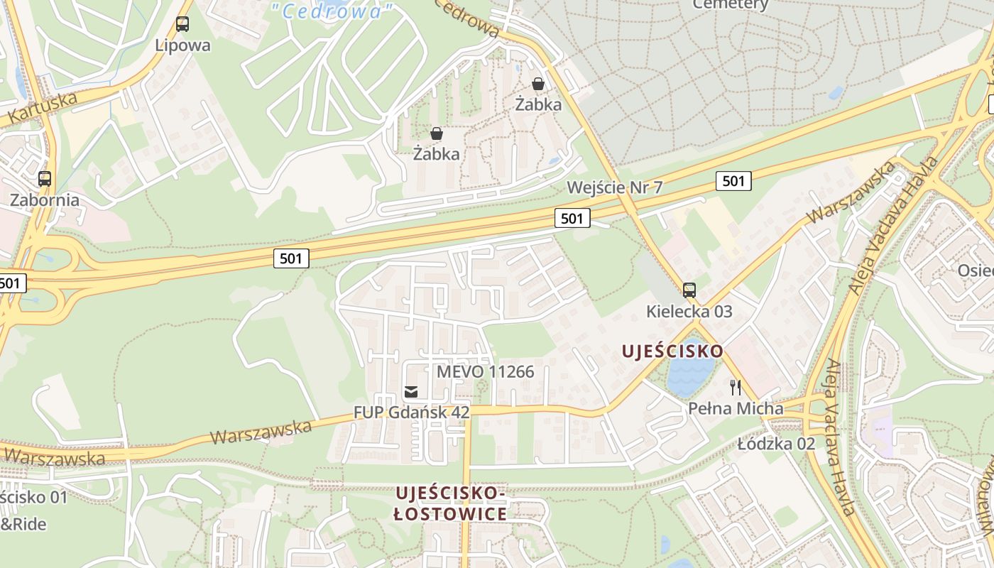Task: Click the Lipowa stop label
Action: [182, 45]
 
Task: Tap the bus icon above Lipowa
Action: [182, 24]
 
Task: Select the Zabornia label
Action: [44, 200]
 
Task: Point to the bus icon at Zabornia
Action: [45, 178]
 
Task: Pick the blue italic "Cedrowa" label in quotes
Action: [333, 11]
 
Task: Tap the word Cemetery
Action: [730, 4]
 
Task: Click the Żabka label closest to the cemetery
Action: [538, 104]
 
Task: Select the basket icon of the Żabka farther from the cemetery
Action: [437, 133]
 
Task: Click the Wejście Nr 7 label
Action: [615, 187]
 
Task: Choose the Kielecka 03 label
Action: [689, 312]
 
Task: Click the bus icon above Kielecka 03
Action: [689, 290]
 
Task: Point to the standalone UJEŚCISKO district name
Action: [672, 351]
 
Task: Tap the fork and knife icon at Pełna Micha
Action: [736, 387]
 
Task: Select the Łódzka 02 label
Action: [776, 444]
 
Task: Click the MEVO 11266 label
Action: [485, 371]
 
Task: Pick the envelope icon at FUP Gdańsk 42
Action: [410, 391]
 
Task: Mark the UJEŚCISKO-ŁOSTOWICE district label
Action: [450, 503]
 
